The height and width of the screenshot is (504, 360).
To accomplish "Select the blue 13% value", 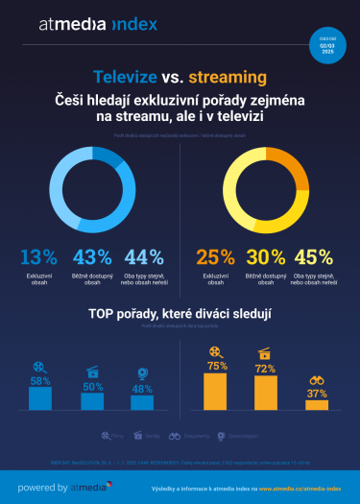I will coord(38,257).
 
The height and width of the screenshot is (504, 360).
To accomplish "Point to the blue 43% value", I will coord(92,257).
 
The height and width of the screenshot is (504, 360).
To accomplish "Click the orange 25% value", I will coord(214,257).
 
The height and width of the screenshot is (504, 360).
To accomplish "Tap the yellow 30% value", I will coord(268,257).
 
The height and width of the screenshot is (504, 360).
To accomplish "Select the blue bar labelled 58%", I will coord(40,398).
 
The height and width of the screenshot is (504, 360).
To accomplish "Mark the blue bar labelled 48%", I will coord(142,403).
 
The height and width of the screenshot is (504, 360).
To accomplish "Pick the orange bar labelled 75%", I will coord(216,393).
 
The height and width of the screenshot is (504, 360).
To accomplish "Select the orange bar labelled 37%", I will coord(317,405).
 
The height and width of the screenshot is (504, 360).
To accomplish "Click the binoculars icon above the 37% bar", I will coord(317,381).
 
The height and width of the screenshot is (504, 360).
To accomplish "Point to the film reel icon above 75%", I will coord(216,352).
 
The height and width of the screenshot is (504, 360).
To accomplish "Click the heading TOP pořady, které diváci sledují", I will coord(180,314).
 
